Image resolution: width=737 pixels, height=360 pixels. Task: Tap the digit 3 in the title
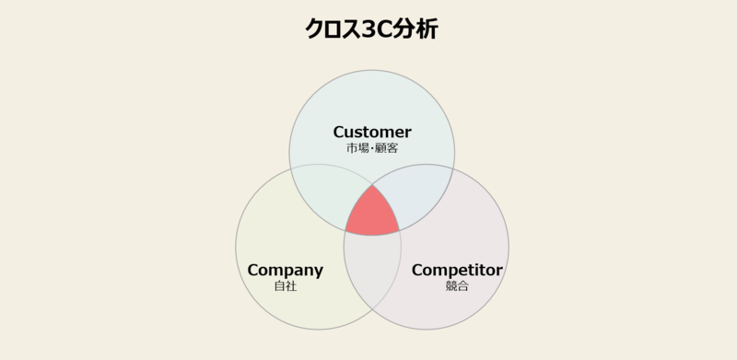click(x=368, y=29)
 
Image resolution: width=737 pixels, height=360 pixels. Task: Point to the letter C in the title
click(x=385, y=29)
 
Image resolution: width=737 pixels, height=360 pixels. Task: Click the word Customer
click(x=372, y=132)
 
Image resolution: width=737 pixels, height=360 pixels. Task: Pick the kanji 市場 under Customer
click(x=357, y=147)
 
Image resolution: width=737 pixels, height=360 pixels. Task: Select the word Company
click(x=286, y=271)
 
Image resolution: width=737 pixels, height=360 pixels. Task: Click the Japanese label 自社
click(x=286, y=286)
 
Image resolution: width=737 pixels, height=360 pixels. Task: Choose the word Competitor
click(x=457, y=271)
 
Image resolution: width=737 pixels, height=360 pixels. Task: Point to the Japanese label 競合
click(x=457, y=286)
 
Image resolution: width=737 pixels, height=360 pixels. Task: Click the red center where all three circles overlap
click(x=372, y=215)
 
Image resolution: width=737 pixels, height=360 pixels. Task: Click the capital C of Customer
click(x=339, y=132)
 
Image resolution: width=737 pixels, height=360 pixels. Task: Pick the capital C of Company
click(x=253, y=271)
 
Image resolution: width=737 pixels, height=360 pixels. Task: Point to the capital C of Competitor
click(x=417, y=271)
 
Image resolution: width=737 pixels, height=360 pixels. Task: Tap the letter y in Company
click(x=318, y=273)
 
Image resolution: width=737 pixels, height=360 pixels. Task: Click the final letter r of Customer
click(x=408, y=133)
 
